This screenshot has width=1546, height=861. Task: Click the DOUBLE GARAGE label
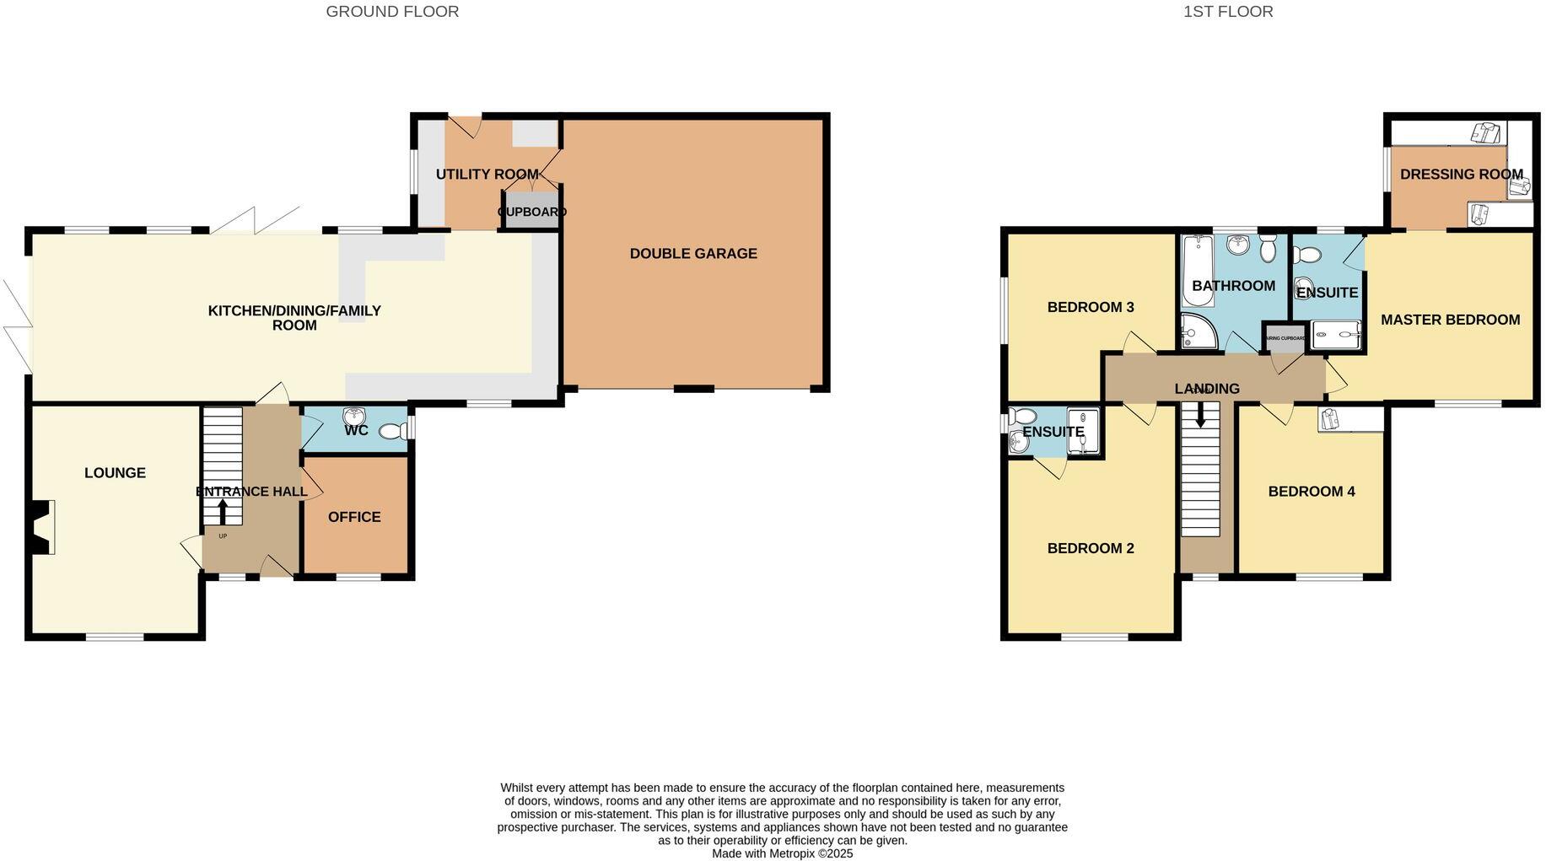click(693, 253)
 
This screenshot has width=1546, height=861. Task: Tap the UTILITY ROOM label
click(487, 175)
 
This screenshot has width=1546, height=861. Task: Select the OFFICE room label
click(354, 517)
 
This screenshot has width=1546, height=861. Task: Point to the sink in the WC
click(353, 416)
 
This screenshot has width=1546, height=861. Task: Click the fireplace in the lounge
click(42, 527)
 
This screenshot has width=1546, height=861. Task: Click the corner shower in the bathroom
click(1196, 332)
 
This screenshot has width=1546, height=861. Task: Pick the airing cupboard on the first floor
click(1283, 337)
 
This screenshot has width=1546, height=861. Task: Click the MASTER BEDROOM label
click(1450, 320)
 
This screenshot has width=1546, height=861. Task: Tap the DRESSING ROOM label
click(1461, 175)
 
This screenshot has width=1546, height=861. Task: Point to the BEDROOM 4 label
click(1311, 492)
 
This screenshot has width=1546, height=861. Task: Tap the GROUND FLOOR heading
click(392, 12)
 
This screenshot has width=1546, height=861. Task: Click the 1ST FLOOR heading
click(1228, 12)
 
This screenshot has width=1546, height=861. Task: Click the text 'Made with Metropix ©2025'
click(782, 853)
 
